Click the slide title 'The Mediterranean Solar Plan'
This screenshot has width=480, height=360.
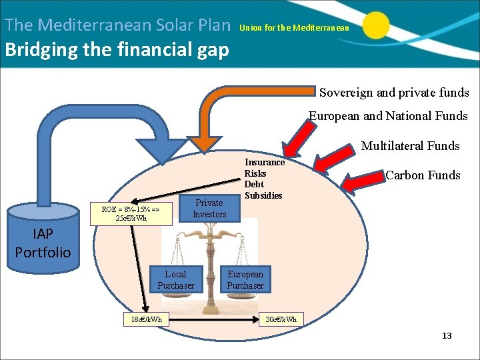tap(117, 25)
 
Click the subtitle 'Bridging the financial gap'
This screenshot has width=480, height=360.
tap(117, 50)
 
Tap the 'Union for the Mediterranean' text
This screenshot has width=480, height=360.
tap(294, 28)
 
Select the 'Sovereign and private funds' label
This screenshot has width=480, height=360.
tap(394, 93)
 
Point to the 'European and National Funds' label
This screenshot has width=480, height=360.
tap(388, 116)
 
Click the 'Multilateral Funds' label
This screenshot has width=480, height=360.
tap(410, 145)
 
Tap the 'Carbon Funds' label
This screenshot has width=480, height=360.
tap(423, 175)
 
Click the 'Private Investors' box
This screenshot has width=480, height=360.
tap(209, 208)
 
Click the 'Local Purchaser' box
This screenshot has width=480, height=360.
tap(176, 280)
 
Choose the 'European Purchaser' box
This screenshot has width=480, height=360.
tap(245, 280)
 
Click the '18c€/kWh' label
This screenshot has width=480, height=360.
tap(146, 319)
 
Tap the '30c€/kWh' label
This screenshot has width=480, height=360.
tap(281, 319)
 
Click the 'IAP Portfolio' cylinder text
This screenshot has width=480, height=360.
tap(43, 243)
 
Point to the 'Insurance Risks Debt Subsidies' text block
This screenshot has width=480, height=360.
tap(264, 179)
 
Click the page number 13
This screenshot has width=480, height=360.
tap(447, 335)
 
